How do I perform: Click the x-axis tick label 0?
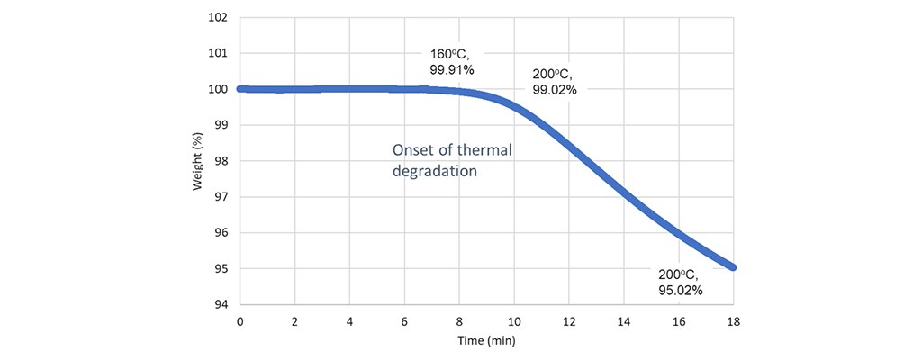coord(240,321)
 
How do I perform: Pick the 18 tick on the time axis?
coord(734,321)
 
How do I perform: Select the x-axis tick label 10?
coord(514,321)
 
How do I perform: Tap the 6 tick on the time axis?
coord(404,321)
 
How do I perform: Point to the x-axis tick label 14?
coord(624,321)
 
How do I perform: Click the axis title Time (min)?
coord(487,343)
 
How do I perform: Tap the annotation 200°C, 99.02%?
coord(553,82)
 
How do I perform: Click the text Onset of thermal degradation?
coord(451,160)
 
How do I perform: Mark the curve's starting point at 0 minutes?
coord(240,89)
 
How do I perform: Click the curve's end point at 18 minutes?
coord(733,267)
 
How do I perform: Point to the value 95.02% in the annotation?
coord(681,291)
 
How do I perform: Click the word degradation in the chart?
coord(433,170)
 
